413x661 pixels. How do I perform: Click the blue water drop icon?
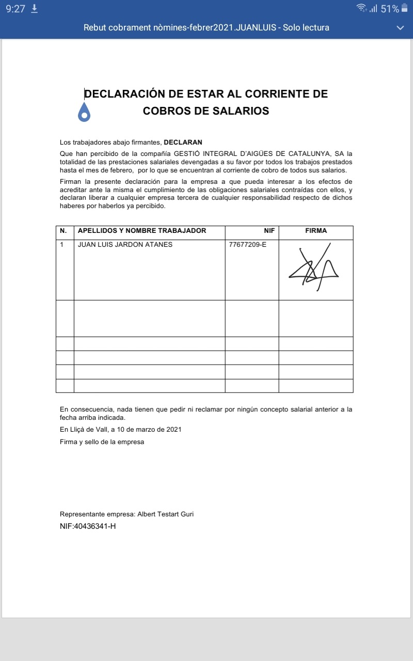[84, 112]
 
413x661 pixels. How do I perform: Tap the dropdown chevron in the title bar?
[400, 28]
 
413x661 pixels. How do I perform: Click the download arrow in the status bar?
[35, 9]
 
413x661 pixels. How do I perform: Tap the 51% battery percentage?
[390, 9]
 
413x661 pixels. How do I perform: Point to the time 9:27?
[15, 9]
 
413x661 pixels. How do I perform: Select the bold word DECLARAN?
[183, 142]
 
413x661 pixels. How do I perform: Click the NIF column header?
[269, 231]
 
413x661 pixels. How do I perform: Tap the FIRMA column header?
[316, 231]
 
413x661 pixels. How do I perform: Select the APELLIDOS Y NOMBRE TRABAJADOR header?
[141, 231]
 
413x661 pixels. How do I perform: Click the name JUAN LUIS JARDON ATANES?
[125, 245]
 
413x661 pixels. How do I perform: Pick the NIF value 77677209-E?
[248, 245]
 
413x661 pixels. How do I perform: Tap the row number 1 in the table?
[62, 245]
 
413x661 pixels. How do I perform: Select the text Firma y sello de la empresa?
[102, 442]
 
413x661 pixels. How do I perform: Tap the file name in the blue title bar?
[206, 28]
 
